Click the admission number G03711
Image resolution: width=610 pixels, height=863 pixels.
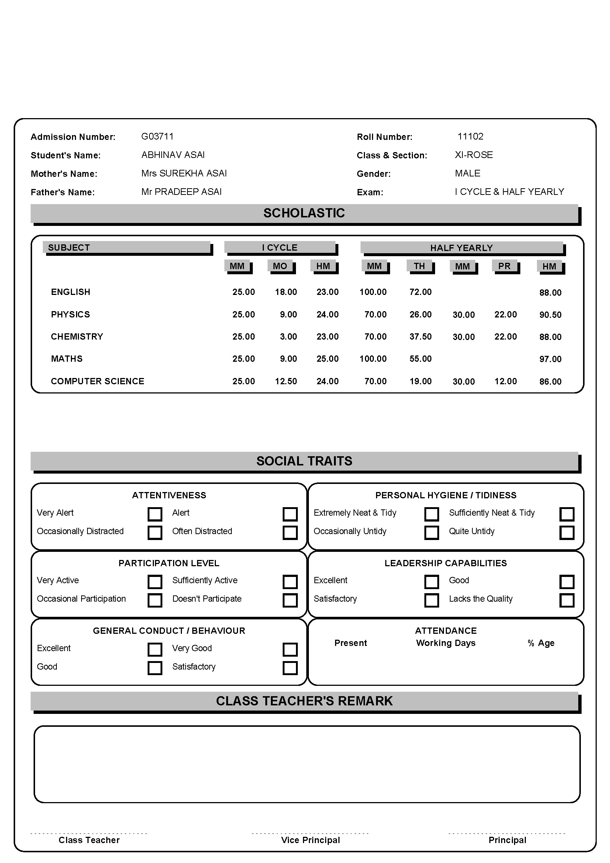coord(157,137)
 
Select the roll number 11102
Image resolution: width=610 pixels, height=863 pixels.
coord(470,137)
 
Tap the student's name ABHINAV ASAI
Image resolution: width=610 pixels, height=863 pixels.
coord(173,155)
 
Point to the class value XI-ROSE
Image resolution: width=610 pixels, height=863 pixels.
coord(473,155)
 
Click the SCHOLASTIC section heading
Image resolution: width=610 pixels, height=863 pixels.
coord(304,213)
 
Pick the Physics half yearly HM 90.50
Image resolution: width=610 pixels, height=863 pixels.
coord(550,315)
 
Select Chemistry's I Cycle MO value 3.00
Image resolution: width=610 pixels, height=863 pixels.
coord(288,337)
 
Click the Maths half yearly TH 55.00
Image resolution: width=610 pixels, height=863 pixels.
coord(420,359)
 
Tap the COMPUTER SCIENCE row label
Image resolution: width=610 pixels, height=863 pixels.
coord(97,381)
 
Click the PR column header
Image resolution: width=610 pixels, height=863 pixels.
coord(504,266)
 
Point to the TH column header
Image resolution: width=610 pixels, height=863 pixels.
coord(419,266)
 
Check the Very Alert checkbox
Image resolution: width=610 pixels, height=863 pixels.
coord(155,514)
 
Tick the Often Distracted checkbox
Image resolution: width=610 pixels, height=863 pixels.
coord(290,533)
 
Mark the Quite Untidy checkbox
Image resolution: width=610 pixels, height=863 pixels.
coord(567,533)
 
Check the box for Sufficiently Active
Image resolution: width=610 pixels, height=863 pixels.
coord(290,582)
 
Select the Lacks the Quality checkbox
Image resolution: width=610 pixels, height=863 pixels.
coord(567,600)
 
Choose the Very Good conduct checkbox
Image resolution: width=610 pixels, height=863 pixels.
coord(290,650)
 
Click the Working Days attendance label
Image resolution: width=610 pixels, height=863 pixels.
coord(445,643)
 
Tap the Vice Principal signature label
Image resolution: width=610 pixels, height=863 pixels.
coord(310,840)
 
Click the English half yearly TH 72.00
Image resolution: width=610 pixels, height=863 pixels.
coord(420,292)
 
